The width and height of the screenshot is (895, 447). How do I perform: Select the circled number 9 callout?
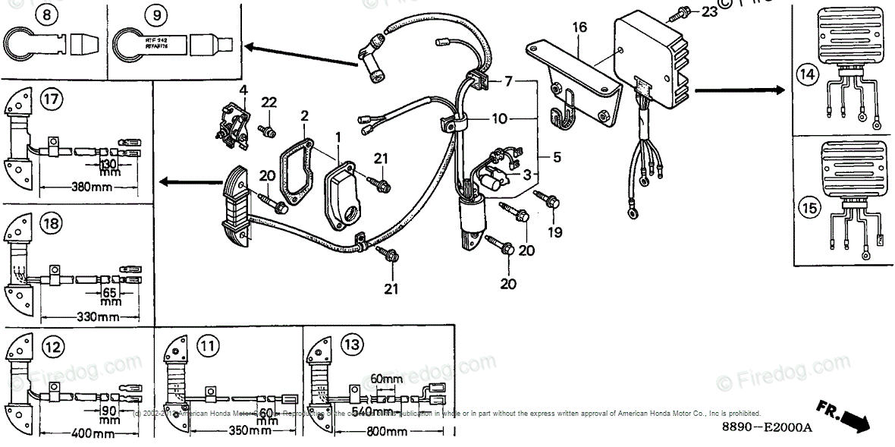coord(134,14)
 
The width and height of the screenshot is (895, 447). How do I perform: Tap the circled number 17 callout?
coord(52,99)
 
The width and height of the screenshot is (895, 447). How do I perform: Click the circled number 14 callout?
coord(805,74)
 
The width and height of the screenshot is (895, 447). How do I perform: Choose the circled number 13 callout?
coord(350,345)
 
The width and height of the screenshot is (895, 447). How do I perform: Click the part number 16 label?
coord(579,28)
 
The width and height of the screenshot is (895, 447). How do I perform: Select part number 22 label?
coord(269,102)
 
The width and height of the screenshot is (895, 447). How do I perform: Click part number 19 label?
coord(555,232)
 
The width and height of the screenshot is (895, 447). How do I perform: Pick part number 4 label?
coord(243,90)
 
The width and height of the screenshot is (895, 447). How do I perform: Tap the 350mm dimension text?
coord(250,432)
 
